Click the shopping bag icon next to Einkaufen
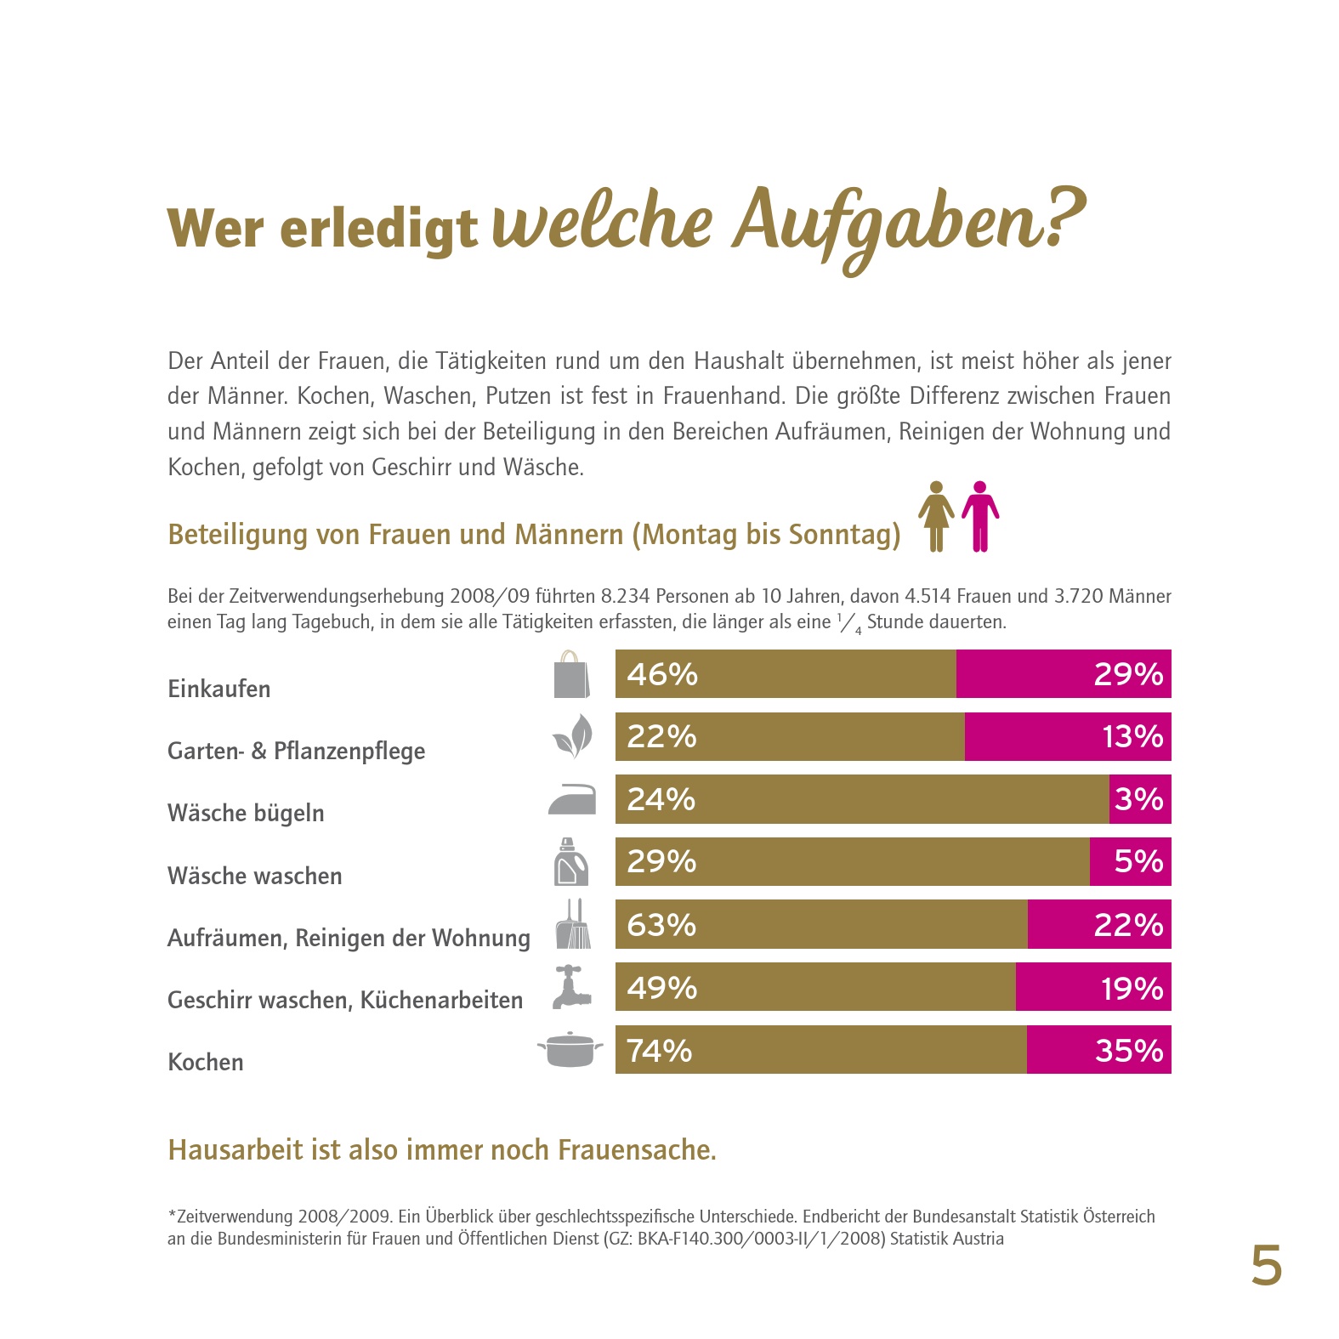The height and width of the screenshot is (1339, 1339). pyautogui.click(x=571, y=675)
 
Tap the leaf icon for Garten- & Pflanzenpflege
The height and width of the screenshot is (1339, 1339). pyautogui.click(x=571, y=736)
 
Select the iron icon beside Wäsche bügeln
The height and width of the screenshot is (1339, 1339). pyautogui.click(x=572, y=800)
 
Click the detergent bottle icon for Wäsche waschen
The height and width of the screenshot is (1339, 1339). pyautogui.click(x=571, y=862)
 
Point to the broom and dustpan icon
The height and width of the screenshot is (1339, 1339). pyautogui.click(x=573, y=925)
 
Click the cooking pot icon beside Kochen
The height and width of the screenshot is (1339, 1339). pyautogui.click(x=570, y=1049)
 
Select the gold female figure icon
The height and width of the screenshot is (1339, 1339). pyautogui.click(x=936, y=516)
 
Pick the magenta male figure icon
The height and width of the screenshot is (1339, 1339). pyautogui.click(x=980, y=516)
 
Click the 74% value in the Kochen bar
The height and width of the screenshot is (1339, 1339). pyautogui.click(x=660, y=1051)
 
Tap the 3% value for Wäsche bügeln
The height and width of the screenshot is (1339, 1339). pyautogui.click(x=1138, y=799)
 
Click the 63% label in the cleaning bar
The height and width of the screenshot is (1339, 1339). pyautogui.click(x=661, y=925)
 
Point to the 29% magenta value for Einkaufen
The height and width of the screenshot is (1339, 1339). pyautogui.click(x=1128, y=674)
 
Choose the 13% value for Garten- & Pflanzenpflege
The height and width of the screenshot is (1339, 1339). pyautogui.click(x=1132, y=736)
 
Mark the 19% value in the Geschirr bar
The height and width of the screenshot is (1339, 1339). pyautogui.click(x=1132, y=988)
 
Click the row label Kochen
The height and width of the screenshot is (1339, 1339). pyautogui.click(x=206, y=1062)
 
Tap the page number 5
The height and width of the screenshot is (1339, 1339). pyautogui.click(x=1266, y=1267)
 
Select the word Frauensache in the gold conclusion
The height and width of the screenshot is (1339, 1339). pyautogui.click(x=635, y=1149)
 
